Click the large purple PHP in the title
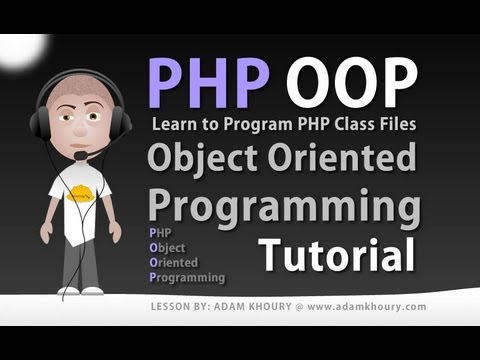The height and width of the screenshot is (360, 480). [x=207, y=81]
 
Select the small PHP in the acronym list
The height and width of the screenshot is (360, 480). [x=158, y=231]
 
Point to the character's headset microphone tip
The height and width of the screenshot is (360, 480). [x=78, y=157]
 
